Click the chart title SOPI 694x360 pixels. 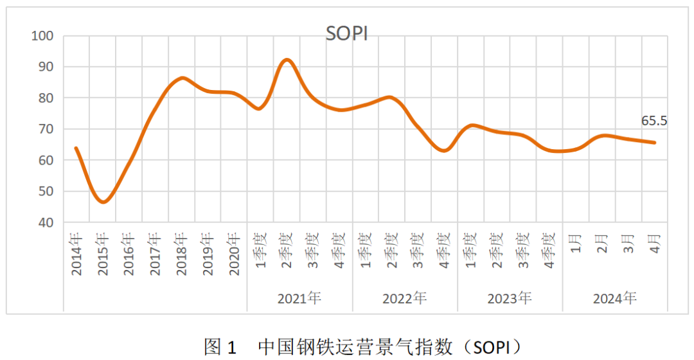[x=346, y=33]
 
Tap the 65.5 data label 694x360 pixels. [x=655, y=121]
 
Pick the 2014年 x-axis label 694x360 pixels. [x=77, y=255]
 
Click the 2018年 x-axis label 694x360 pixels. [x=182, y=255]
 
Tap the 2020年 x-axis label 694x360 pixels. [x=235, y=255]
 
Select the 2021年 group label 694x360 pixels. [x=299, y=298]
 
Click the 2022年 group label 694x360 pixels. [x=405, y=298]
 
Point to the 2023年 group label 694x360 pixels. [x=510, y=298]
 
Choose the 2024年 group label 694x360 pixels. [x=615, y=298]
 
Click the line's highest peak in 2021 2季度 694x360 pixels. [x=287, y=60]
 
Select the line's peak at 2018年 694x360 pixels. [x=182, y=78]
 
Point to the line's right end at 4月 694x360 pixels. [x=655, y=143]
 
